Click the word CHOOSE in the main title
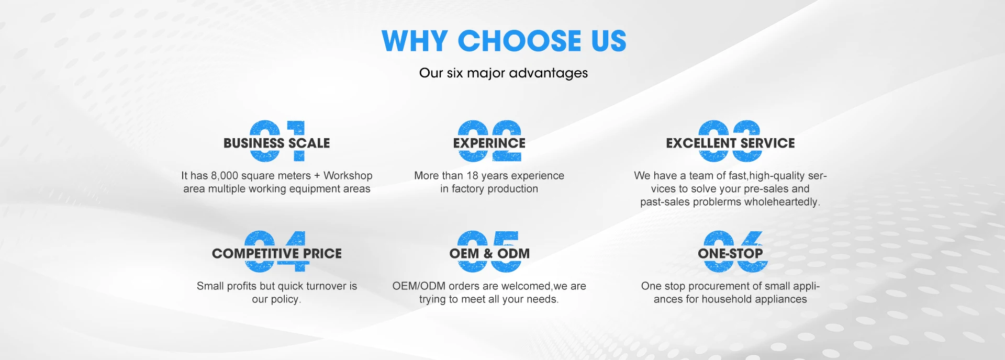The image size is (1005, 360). coord(519,41)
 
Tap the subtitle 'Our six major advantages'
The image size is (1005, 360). coord(504,73)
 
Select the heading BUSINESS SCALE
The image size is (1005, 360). coord(276,143)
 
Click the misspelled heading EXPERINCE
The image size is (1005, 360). coord(489,143)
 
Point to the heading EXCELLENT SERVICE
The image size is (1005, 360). coord(730,143)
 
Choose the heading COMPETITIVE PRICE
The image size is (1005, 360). coord(276,253)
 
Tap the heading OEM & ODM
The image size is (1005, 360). coord(489,253)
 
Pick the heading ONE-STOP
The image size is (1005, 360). coord(730,253)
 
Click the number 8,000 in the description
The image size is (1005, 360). coord(225,176)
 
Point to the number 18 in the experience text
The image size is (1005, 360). coord(473,176)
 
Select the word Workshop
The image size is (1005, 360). coord(348,176)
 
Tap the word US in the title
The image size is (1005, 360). coord(609,41)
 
